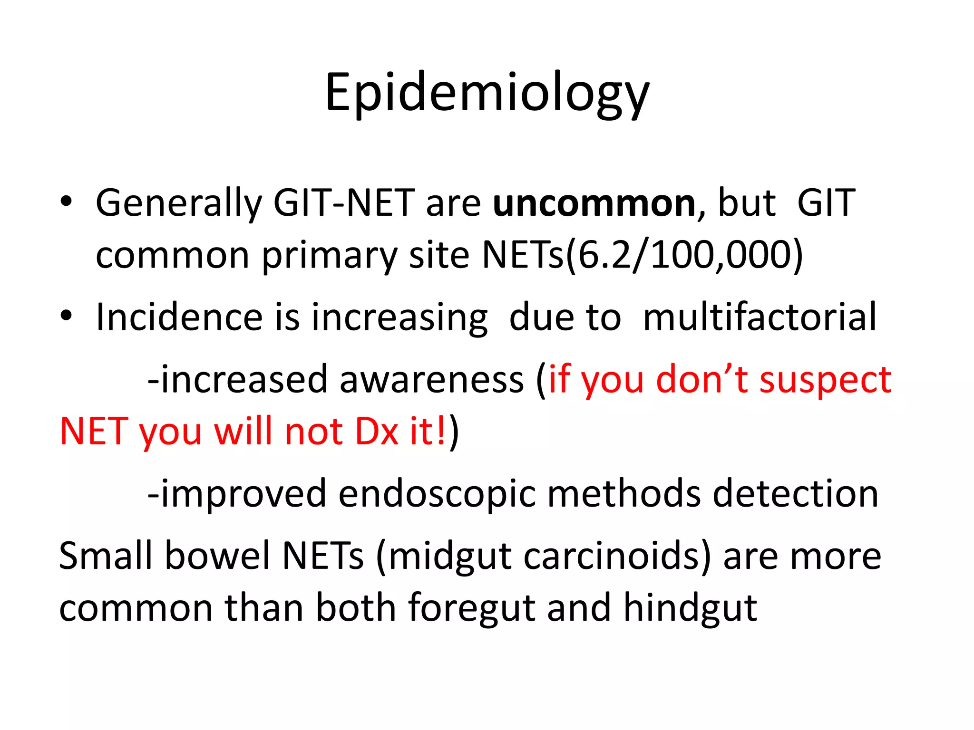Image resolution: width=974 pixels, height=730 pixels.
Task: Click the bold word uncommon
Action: coord(594,203)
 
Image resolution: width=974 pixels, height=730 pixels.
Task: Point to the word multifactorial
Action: coord(760,317)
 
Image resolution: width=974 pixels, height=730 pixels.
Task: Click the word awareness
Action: coord(431,380)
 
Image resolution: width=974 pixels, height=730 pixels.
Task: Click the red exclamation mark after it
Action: coord(441,431)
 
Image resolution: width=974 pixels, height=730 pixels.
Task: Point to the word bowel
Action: coord(217,556)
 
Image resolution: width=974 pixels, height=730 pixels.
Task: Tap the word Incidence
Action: coord(179,317)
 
